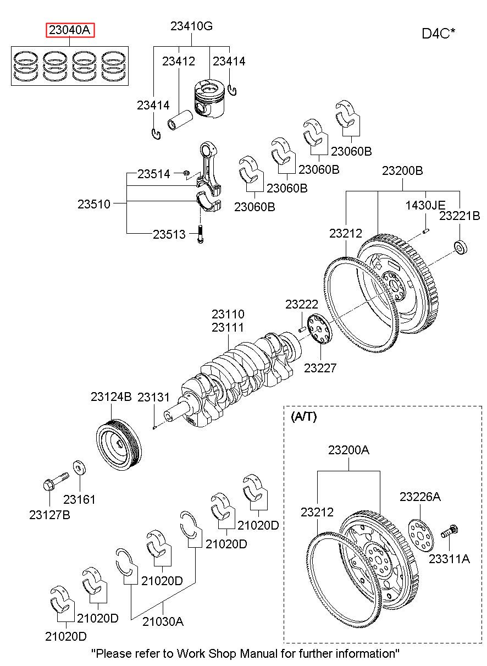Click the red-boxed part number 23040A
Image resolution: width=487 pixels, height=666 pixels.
[x=70, y=30]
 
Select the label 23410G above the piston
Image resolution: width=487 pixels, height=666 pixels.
[x=191, y=26]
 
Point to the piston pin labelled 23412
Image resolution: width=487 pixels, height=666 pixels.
[x=182, y=119]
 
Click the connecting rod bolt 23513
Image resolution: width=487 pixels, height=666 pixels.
[x=200, y=233]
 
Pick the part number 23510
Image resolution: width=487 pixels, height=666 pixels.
[x=93, y=204]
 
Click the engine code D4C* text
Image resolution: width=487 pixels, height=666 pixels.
[x=438, y=34]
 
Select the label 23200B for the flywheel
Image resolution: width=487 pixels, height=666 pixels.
[x=402, y=171]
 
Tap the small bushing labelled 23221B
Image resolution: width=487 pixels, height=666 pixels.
[x=461, y=247]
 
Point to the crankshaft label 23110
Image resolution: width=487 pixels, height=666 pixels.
[x=228, y=314]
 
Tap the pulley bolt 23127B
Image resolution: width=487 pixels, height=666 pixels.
[x=54, y=481]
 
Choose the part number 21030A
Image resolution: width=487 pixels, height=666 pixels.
[x=163, y=621]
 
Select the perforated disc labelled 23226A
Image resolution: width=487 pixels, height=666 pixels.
[x=420, y=531]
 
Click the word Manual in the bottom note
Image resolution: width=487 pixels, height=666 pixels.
[x=267, y=653]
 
